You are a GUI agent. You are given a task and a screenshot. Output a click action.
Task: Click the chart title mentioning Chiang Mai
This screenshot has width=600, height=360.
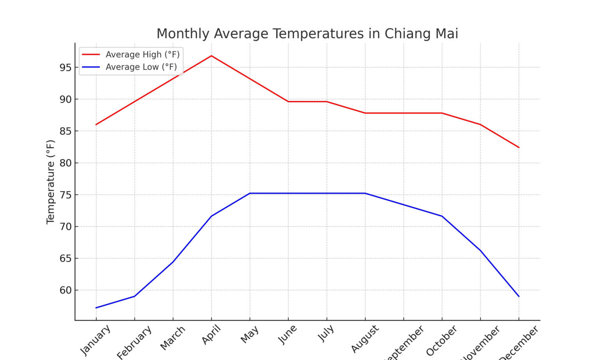(x=307, y=34)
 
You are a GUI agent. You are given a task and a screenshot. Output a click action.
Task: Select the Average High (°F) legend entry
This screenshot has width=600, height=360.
(x=142, y=55)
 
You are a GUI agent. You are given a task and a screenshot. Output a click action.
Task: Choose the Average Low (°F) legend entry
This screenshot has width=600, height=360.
(x=141, y=67)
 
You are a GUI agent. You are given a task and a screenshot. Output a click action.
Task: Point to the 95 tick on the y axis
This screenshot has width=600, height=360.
(x=66, y=68)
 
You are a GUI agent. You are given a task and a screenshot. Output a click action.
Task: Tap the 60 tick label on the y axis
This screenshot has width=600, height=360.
(x=66, y=290)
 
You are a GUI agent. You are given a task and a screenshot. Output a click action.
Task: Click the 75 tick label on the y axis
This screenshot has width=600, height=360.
(x=66, y=195)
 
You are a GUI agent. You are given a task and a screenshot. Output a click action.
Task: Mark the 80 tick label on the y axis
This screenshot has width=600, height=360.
(x=66, y=163)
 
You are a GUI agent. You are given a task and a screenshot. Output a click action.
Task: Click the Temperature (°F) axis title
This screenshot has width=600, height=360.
(x=50, y=182)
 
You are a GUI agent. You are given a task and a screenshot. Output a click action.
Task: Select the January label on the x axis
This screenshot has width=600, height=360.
(x=95, y=340)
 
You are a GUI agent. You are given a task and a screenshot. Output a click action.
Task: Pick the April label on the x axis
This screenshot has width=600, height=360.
(x=211, y=335)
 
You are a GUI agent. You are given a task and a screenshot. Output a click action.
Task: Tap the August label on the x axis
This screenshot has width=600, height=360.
(x=365, y=339)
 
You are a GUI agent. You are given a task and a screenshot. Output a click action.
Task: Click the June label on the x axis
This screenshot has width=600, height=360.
(x=287, y=335)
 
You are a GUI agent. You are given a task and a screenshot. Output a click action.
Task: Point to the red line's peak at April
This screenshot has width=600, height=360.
(x=211, y=56)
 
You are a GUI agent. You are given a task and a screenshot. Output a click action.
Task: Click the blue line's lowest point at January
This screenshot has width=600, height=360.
(x=96, y=308)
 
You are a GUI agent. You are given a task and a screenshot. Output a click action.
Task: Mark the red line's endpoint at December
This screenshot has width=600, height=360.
(x=519, y=148)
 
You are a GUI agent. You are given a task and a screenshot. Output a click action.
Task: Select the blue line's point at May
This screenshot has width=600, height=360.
(x=250, y=193)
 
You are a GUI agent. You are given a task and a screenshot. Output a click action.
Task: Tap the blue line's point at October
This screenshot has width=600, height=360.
(x=442, y=216)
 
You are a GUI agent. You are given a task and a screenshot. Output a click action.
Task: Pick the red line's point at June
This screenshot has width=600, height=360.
(x=288, y=102)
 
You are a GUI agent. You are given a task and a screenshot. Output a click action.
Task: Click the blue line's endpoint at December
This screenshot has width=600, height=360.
(x=519, y=296)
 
